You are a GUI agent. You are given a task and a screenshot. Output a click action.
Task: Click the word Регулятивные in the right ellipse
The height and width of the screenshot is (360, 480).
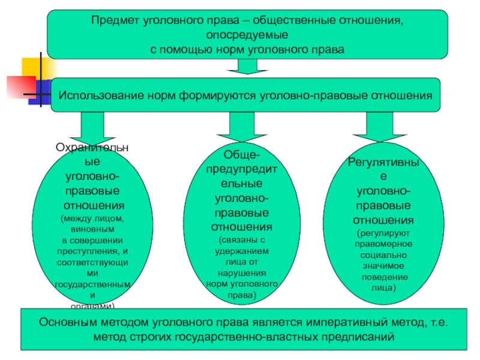click(x=383, y=163)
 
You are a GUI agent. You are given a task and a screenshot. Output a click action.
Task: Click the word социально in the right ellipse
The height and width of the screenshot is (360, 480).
click(x=384, y=254)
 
